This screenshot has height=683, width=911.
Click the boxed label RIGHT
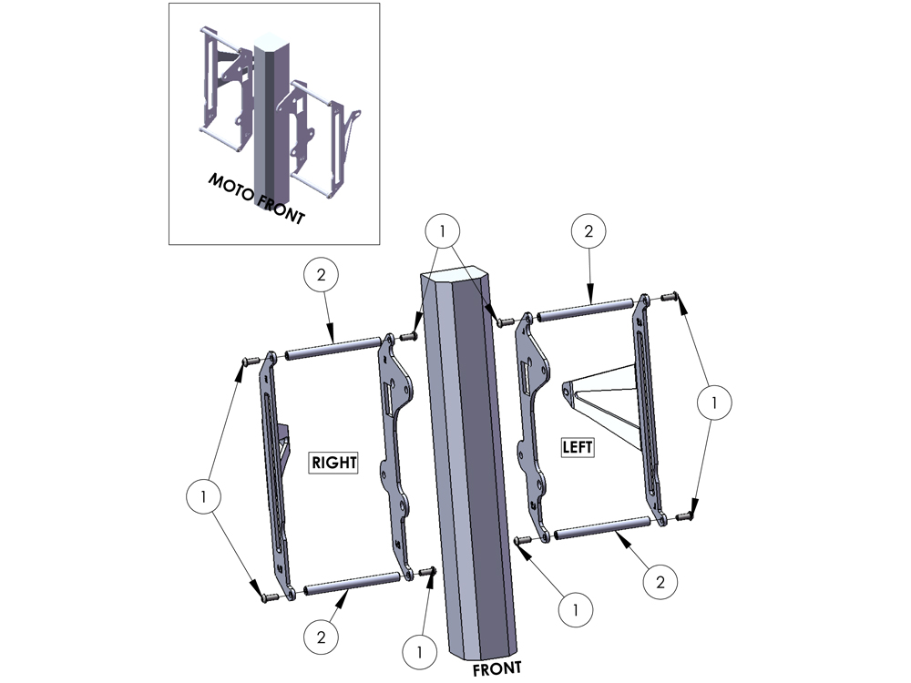333,463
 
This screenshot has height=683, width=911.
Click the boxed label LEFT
578,446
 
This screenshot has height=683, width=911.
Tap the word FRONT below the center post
496,669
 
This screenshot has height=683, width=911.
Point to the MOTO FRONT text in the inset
256,198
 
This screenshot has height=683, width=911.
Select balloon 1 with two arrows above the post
442,231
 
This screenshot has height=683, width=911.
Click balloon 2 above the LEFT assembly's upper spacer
589,231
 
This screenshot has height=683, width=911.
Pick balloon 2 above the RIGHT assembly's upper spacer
322,275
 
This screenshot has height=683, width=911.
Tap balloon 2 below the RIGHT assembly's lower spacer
322,637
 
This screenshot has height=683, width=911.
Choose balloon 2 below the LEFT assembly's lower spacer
660,581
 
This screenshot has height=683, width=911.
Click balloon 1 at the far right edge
714,402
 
